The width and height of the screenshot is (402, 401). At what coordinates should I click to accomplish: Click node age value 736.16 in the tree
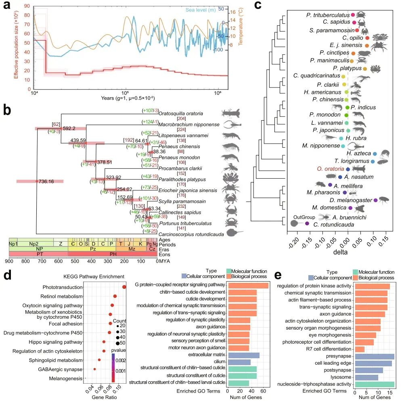click(47, 182)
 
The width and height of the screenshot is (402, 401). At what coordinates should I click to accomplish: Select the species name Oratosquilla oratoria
click(180, 113)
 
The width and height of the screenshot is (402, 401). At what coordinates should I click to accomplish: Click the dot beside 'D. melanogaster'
click(376, 200)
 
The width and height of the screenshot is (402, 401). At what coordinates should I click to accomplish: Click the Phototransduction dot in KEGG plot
click(124, 287)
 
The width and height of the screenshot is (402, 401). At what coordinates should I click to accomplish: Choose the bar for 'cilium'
click(239, 362)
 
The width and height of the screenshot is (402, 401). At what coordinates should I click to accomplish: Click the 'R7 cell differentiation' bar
click(360, 349)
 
